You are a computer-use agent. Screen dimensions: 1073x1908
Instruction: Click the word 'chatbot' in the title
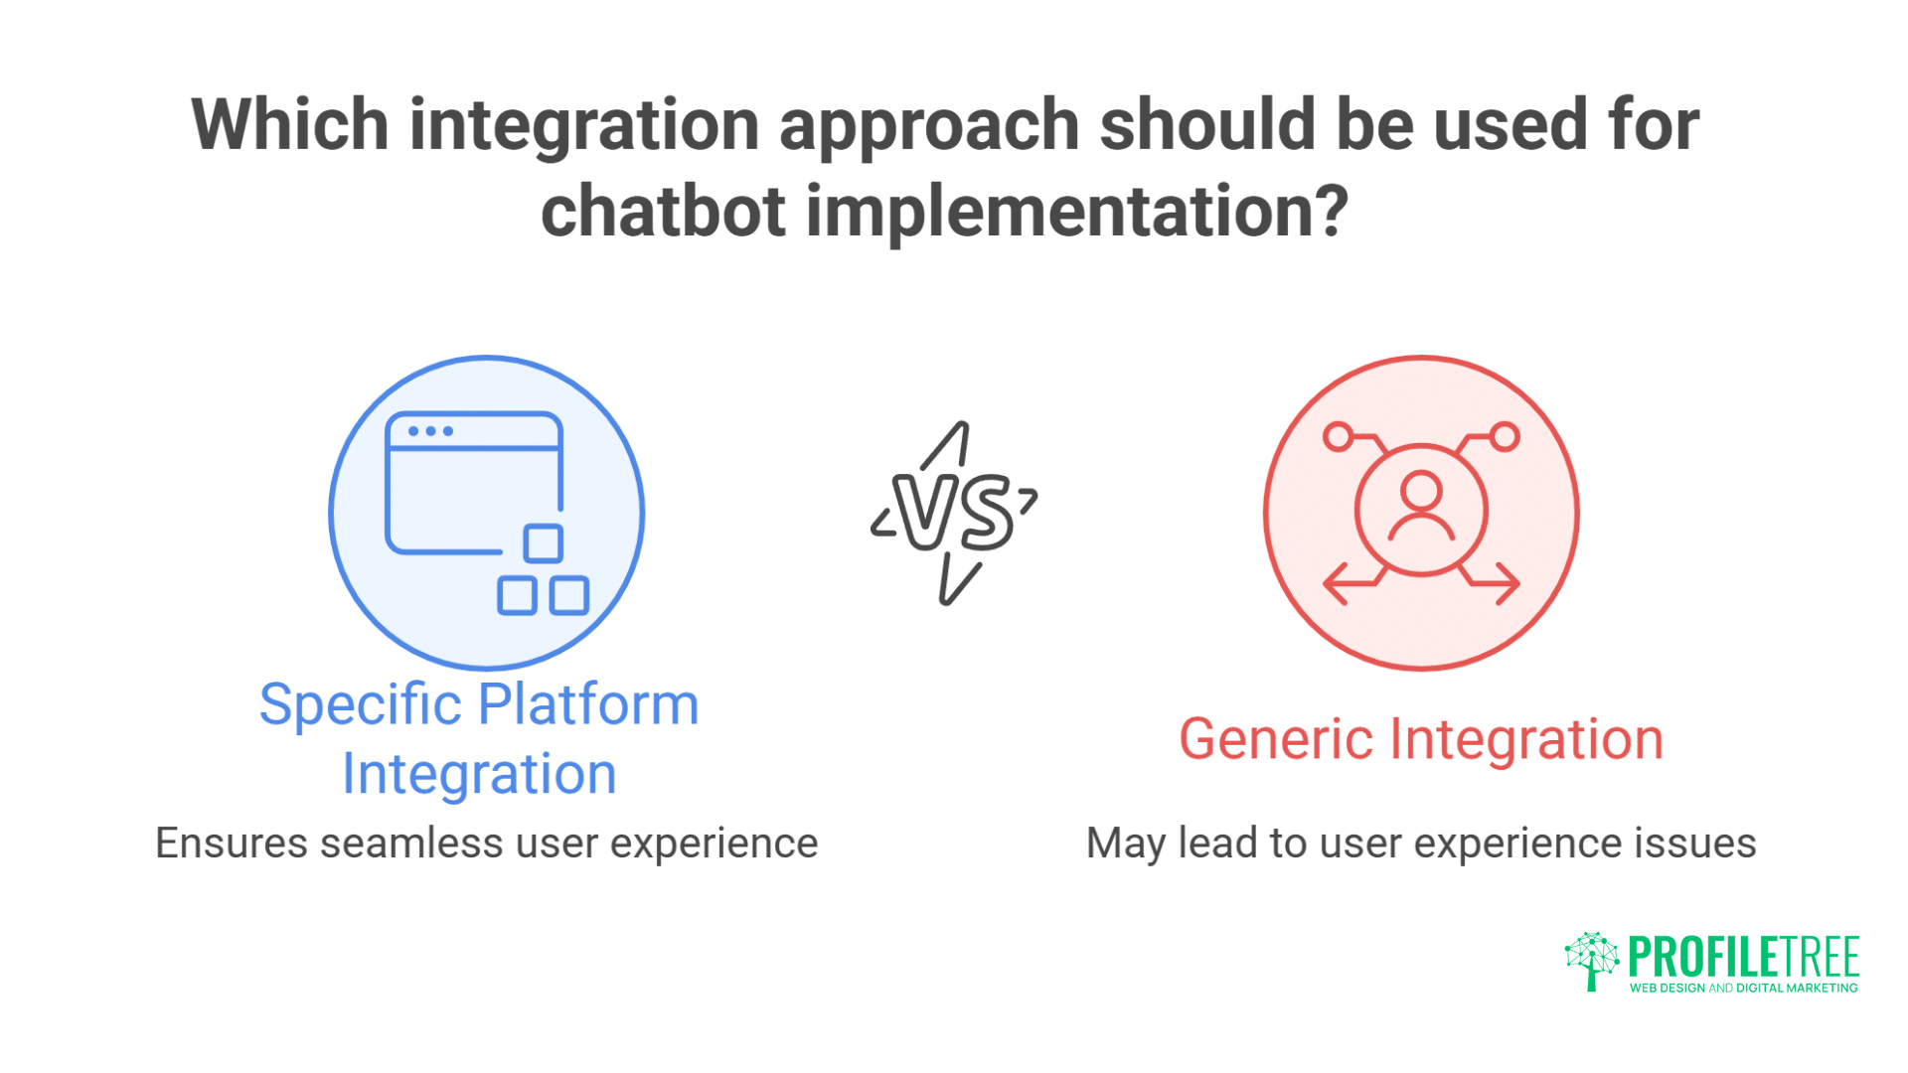pyautogui.click(x=663, y=211)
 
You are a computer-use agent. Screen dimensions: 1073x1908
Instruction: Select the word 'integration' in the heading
pyautogui.click(x=584, y=125)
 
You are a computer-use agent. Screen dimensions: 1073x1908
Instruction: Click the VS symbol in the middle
pyautogui.click(x=954, y=513)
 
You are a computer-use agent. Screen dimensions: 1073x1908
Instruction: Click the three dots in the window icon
pyautogui.click(x=430, y=431)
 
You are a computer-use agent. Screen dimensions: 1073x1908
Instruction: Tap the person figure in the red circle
pyautogui.click(x=1421, y=508)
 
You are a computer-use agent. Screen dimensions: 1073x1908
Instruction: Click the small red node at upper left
pyautogui.click(x=1338, y=436)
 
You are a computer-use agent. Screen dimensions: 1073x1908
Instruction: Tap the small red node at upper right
pyautogui.click(x=1506, y=436)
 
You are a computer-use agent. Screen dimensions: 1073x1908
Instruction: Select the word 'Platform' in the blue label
pyautogui.click(x=588, y=705)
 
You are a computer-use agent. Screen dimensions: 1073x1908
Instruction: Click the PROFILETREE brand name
pyautogui.click(x=1743, y=956)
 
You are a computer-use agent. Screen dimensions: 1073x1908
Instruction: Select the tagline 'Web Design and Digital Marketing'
pyautogui.click(x=1743, y=988)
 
